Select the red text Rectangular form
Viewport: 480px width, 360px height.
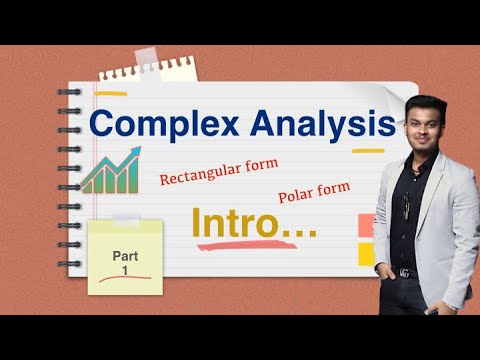pyautogui.click(x=218, y=172)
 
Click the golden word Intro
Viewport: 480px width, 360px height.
pyautogui.click(x=255, y=223)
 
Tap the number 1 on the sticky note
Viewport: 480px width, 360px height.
pyautogui.click(x=125, y=271)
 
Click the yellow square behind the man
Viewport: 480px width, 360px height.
pyautogui.click(x=366, y=254)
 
